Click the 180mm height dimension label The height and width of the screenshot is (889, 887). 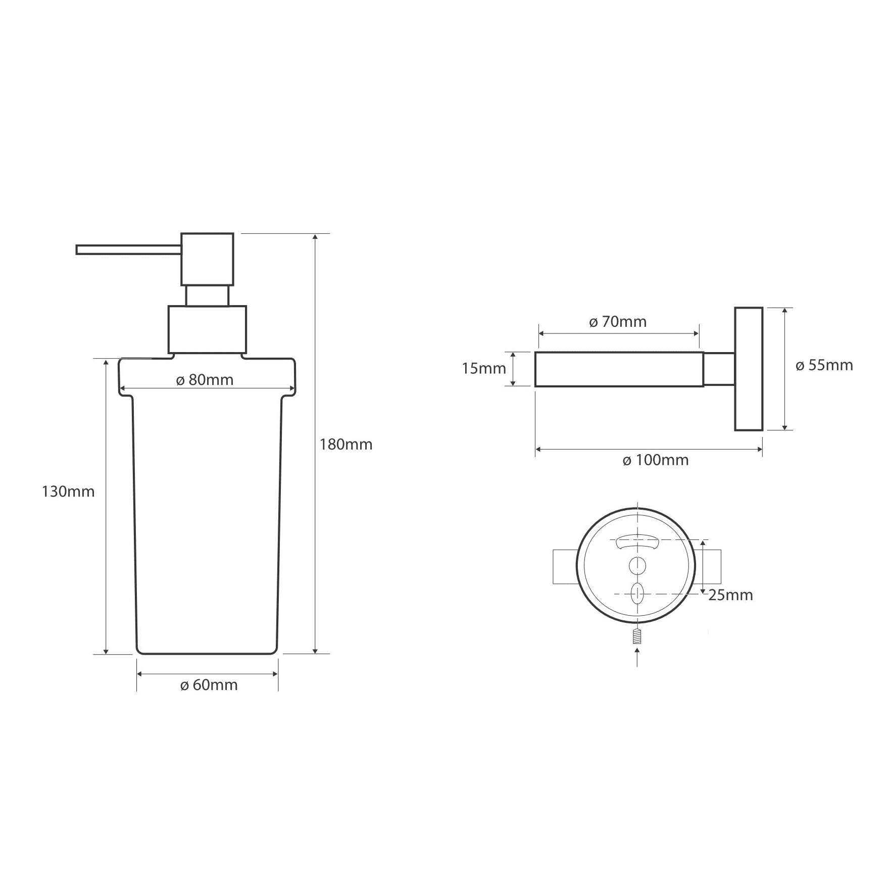point(346,444)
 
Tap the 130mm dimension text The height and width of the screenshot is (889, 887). point(68,491)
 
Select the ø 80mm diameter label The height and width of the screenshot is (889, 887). point(205,380)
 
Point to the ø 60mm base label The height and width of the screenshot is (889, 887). point(209,685)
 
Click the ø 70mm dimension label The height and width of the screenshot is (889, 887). point(618,322)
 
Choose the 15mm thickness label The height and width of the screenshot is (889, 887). point(484,369)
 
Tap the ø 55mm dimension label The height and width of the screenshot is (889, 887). point(824,365)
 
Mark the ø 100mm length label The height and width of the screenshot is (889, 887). point(656,460)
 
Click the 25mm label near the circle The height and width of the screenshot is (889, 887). point(730,595)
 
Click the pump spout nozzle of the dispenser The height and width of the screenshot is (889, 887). point(128,250)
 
